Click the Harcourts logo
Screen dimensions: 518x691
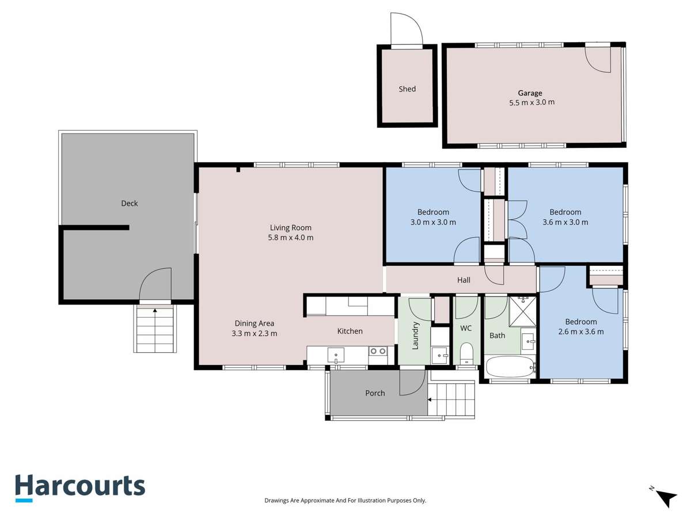click(x=79, y=487)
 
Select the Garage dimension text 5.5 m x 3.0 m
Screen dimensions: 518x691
click(x=531, y=102)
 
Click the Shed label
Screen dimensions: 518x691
click(x=407, y=89)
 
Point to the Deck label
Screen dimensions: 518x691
click(x=130, y=203)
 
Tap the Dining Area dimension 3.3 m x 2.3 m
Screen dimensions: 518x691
click(x=255, y=333)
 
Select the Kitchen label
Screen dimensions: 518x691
click(x=350, y=331)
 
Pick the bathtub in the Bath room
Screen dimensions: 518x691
click(x=510, y=365)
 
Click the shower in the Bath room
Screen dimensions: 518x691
click(x=523, y=311)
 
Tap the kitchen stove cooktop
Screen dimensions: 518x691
click(x=378, y=351)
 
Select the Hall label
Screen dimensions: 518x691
click(x=464, y=280)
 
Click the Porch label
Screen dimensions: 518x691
click(x=375, y=393)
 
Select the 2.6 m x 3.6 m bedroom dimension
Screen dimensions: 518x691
click(x=580, y=332)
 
